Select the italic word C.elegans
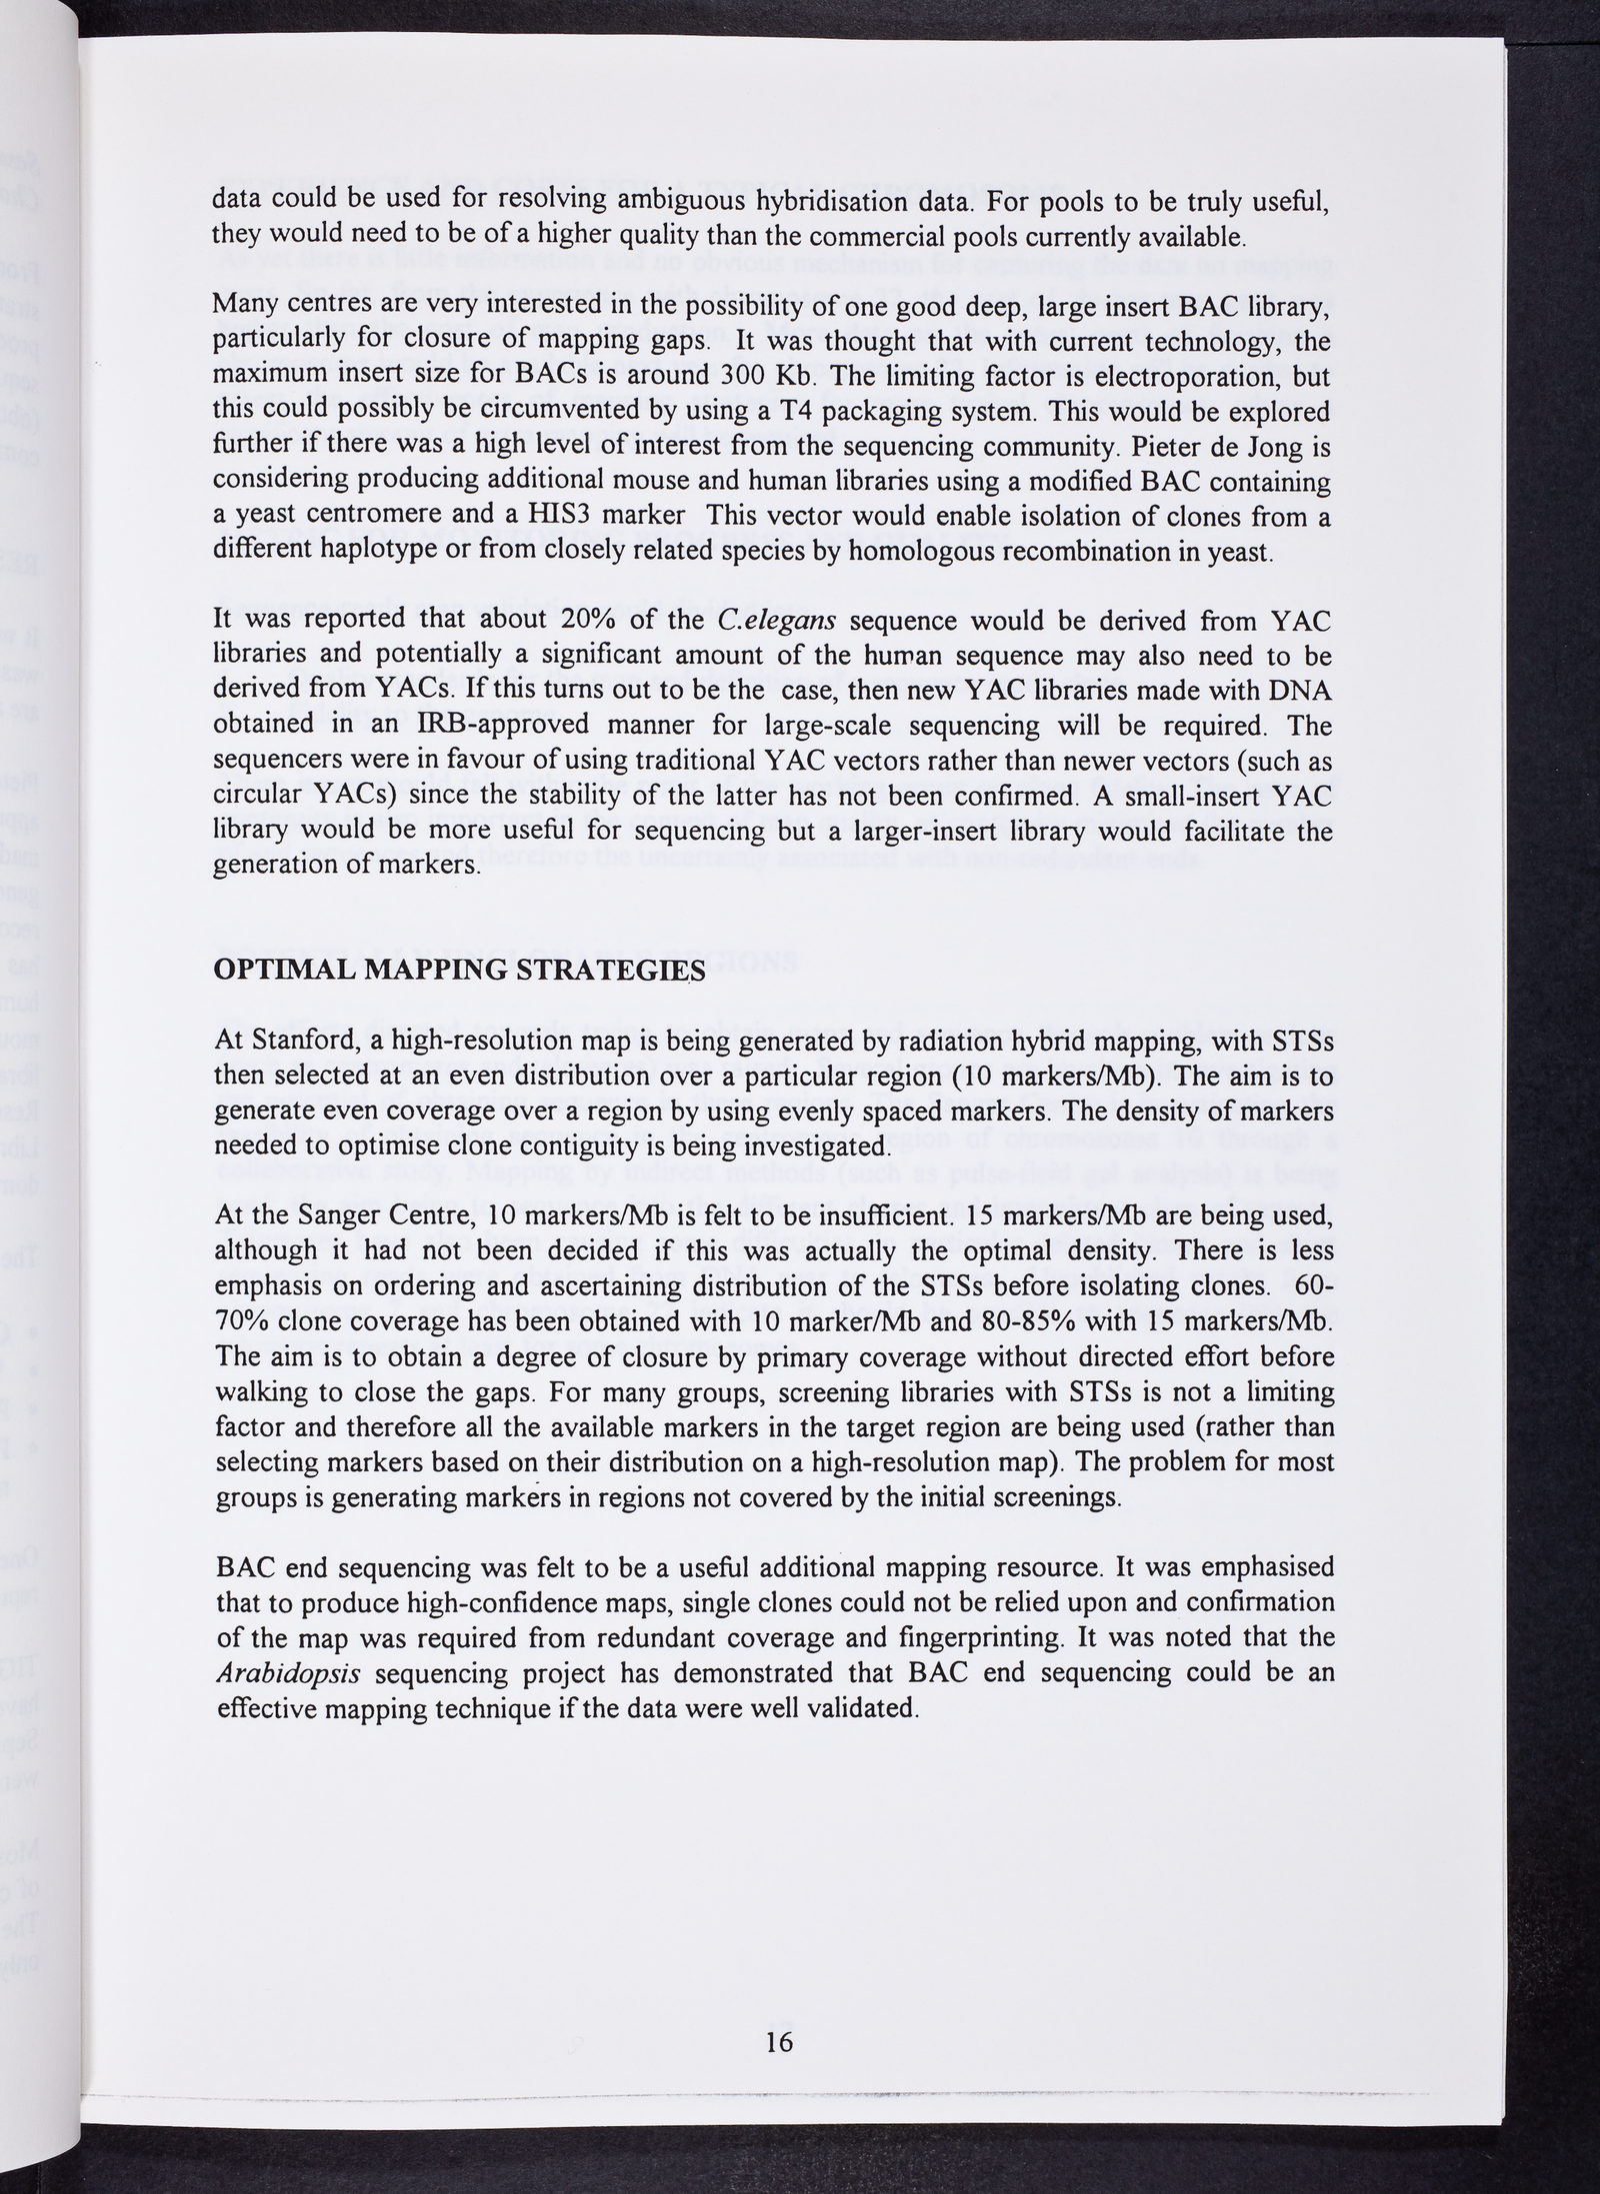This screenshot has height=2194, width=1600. tap(776, 621)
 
